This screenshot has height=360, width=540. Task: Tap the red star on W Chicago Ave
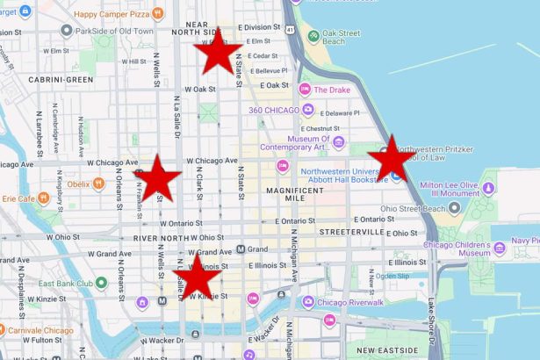[157, 177]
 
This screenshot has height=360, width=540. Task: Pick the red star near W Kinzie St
[198, 277]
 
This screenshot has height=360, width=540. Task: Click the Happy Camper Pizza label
[111, 14]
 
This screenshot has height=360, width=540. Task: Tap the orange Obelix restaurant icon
[98, 184]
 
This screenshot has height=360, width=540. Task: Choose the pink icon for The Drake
[305, 90]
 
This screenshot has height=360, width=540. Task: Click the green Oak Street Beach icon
[313, 36]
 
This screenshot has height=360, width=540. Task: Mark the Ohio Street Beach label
[413, 208]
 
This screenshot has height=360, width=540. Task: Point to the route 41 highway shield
[289, 30]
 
